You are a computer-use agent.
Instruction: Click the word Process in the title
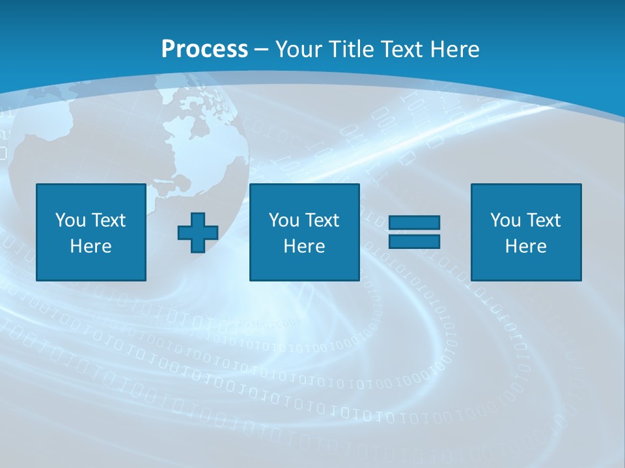click(204, 49)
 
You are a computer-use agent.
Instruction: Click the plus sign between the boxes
click(198, 233)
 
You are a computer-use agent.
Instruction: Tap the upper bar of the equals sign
click(414, 223)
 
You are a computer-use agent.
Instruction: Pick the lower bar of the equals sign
click(414, 241)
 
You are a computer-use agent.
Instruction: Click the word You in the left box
click(70, 220)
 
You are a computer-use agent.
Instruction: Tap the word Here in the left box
click(90, 246)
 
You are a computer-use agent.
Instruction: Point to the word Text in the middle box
click(322, 220)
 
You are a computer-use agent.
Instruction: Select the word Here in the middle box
click(304, 246)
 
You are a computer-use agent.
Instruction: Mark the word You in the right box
click(505, 220)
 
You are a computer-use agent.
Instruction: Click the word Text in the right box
click(543, 220)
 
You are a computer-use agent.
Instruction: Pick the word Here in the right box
click(526, 246)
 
